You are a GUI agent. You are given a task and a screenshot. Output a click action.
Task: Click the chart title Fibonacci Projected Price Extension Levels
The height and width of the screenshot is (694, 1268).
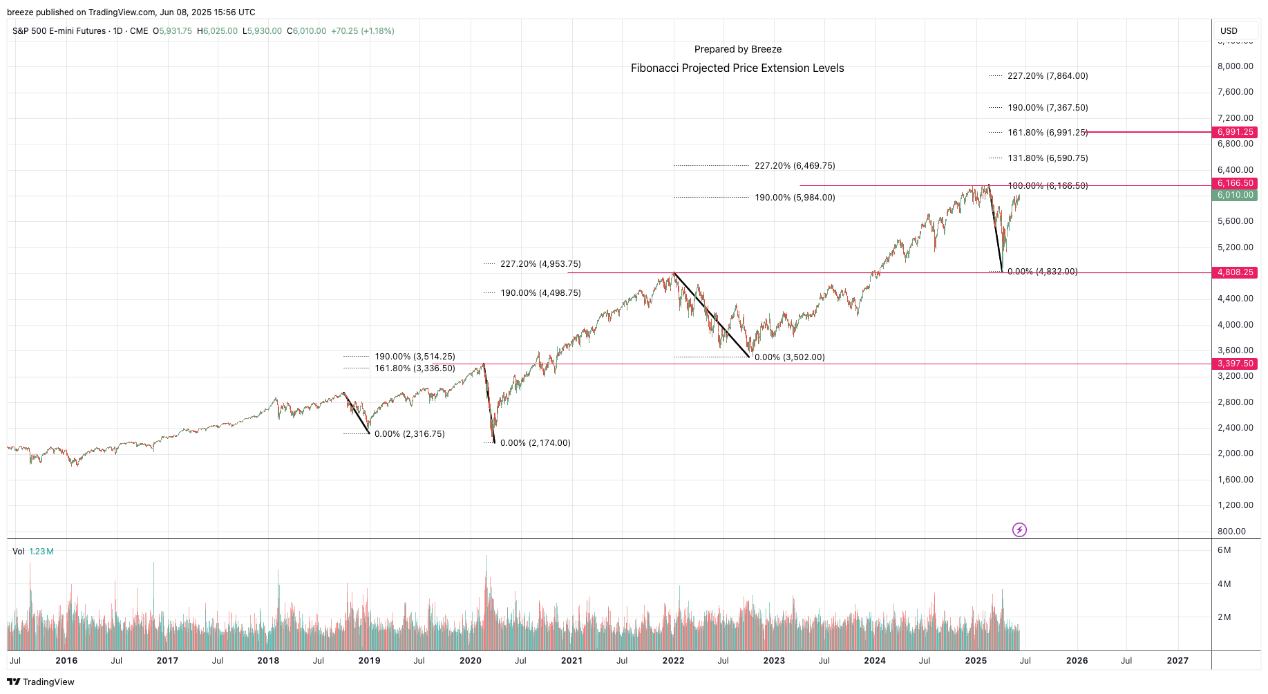(x=737, y=68)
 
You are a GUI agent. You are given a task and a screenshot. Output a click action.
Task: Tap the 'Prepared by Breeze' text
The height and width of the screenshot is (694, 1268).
(x=738, y=49)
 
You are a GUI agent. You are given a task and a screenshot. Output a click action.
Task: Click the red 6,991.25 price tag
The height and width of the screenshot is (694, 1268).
(x=1235, y=132)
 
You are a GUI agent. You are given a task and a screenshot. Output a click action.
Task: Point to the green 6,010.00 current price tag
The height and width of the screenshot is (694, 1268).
(x=1235, y=195)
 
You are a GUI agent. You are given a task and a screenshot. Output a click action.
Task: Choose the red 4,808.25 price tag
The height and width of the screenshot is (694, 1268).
(x=1235, y=272)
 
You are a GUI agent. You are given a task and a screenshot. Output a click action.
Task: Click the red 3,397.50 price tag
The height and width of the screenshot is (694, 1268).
(x=1235, y=364)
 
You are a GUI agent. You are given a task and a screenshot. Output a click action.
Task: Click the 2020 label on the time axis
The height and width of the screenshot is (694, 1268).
(x=471, y=660)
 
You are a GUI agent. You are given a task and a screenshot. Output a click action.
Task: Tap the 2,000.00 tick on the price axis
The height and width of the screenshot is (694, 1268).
(x=1235, y=453)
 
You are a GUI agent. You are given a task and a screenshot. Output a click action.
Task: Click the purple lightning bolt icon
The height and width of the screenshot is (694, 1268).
(x=1019, y=530)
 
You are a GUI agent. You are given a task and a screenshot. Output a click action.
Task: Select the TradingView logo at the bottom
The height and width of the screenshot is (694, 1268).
(x=41, y=682)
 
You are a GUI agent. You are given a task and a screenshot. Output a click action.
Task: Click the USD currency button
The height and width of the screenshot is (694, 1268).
(x=1229, y=31)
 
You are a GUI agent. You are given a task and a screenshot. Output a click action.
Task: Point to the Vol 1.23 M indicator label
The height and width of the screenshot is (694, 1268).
(x=33, y=552)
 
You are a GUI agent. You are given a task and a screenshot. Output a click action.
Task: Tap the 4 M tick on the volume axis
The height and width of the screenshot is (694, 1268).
(x=1224, y=584)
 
